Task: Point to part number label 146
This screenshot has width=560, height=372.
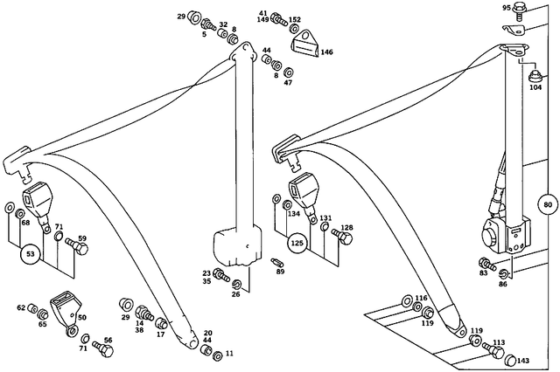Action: pyautogui.click(x=326, y=53)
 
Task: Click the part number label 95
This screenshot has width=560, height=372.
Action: pyautogui.click(x=506, y=8)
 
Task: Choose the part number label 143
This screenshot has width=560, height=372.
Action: pyautogui.click(x=523, y=360)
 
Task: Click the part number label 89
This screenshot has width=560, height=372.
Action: pyautogui.click(x=281, y=272)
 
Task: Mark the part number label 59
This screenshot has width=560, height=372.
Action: pyautogui.click(x=82, y=238)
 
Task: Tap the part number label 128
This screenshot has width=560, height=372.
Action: pyautogui.click(x=347, y=228)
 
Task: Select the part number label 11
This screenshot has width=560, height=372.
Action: pyautogui.click(x=230, y=354)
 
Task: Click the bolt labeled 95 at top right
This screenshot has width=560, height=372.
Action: pyautogui.click(x=519, y=12)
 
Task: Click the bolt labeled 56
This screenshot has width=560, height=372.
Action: pyautogui.click(x=101, y=349)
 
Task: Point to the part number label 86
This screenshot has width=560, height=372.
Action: pyautogui.click(x=502, y=284)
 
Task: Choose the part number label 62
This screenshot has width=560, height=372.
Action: pyautogui.click(x=22, y=307)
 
